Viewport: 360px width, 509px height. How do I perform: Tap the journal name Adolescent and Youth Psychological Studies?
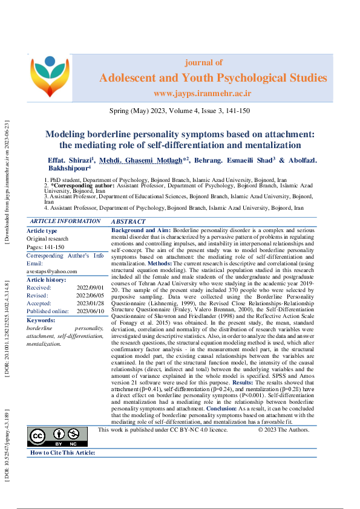coord(212,78)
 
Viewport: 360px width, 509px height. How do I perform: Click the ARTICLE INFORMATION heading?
coord(65,222)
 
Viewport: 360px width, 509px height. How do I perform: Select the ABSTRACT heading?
coord(129,222)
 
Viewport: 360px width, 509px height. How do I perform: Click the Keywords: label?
coord(41,320)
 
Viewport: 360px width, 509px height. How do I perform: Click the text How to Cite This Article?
coord(62,436)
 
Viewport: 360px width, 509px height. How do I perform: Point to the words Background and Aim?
coord(141,231)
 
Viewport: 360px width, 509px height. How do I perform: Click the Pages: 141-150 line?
coord(45,247)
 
